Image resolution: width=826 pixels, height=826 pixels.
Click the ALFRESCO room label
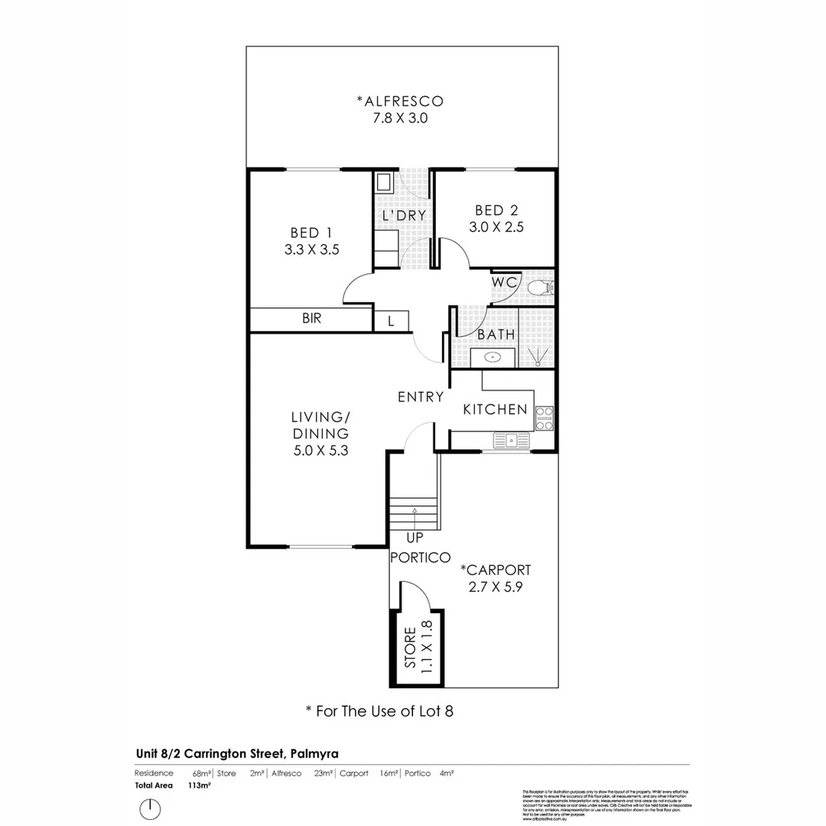pos(400,101)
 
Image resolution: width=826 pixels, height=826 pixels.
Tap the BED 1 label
pos(311,233)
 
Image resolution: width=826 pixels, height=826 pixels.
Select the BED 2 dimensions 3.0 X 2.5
pos(496,227)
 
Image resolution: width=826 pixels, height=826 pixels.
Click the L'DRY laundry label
pos(404,216)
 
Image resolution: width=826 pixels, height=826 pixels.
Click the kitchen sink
pos(511,440)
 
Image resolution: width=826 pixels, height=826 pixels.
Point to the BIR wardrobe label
pos(311,319)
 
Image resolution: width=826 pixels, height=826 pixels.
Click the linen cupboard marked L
pos(392,321)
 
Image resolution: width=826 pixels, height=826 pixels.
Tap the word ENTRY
pos(421,397)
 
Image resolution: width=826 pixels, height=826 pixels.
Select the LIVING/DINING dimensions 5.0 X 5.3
pos(320,450)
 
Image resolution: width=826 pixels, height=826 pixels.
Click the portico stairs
pos(413,512)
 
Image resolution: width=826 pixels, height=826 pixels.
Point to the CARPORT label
pos(496,570)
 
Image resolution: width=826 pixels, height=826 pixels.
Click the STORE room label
pos(410,649)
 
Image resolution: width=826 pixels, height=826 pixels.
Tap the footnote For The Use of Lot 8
pos(379,711)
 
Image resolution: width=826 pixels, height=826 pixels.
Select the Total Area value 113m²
pos(199,785)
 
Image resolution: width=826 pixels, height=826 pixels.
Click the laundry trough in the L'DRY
pos(384,183)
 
